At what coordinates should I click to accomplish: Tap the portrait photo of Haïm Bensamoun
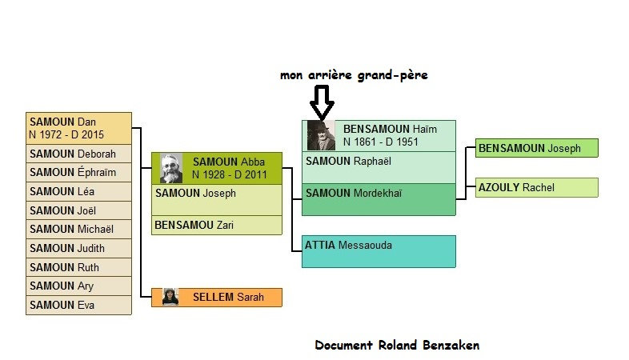(x=321, y=135)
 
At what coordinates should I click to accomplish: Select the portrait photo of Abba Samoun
(x=171, y=168)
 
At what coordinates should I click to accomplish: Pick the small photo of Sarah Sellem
(x=170, y=297)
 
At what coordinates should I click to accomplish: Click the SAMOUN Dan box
(x=78, y=128)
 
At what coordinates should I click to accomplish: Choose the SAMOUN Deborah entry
(x=78, y=154)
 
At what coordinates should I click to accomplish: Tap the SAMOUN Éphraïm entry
(x=78, y=172)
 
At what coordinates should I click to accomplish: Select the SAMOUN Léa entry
(x=78, y=191)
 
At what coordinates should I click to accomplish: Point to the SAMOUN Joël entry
(x=78, y=210)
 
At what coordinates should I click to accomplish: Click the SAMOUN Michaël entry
(x=78, y=229)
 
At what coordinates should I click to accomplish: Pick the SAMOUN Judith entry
(x=78, y=248)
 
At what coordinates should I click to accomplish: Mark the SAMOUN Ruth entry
(x=78, y=267)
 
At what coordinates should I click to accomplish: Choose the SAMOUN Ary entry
(x=78, y=286)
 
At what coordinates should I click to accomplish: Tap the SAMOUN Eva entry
(x=78, y=305)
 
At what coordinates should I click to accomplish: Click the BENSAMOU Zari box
(x=217, y=225)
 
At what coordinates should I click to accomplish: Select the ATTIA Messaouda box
(x=379, y=250)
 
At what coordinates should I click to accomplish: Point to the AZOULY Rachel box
(x=536, y=187)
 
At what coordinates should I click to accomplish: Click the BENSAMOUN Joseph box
(x=536, y=148)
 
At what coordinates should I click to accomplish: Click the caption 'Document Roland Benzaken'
(x=397, y=345)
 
